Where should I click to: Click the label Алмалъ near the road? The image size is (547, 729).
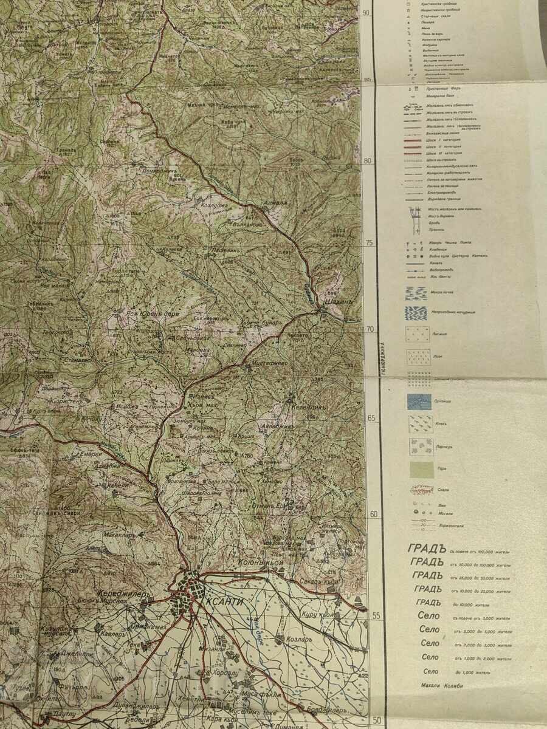(273, 203)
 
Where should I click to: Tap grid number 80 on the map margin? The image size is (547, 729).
(367, 162)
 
